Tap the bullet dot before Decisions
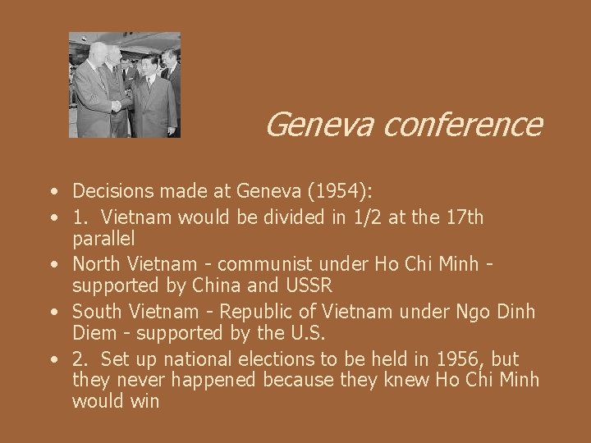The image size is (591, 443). click(x=52, y=193)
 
